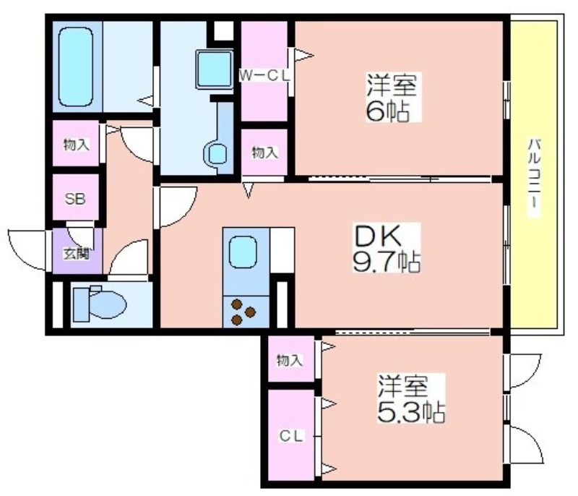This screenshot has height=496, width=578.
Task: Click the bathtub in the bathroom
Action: point(75,67)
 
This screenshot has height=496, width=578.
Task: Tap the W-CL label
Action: point(264,76)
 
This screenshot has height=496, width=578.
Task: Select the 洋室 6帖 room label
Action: point(391,97)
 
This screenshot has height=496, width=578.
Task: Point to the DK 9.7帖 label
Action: point(386,248)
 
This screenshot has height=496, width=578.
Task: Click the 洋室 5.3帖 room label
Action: point(410,398)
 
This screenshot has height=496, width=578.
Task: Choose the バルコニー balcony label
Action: point(534,178)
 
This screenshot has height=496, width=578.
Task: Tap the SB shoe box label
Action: point(75,199)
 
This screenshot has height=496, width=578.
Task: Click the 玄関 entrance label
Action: point(77,254)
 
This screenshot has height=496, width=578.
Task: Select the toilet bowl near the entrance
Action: point(100,304)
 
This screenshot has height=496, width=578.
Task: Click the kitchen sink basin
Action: point(243,252)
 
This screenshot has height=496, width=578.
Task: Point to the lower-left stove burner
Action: point(236,320)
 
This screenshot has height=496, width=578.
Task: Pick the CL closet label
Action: point(291,436)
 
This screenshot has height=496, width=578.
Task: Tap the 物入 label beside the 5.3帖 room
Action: point(290,360)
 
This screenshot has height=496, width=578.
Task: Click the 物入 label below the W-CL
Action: point(264,152)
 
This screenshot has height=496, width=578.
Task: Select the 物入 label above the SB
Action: point(77,144)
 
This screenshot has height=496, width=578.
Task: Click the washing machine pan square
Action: point(214,69)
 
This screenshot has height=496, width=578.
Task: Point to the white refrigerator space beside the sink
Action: point(282,250)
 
